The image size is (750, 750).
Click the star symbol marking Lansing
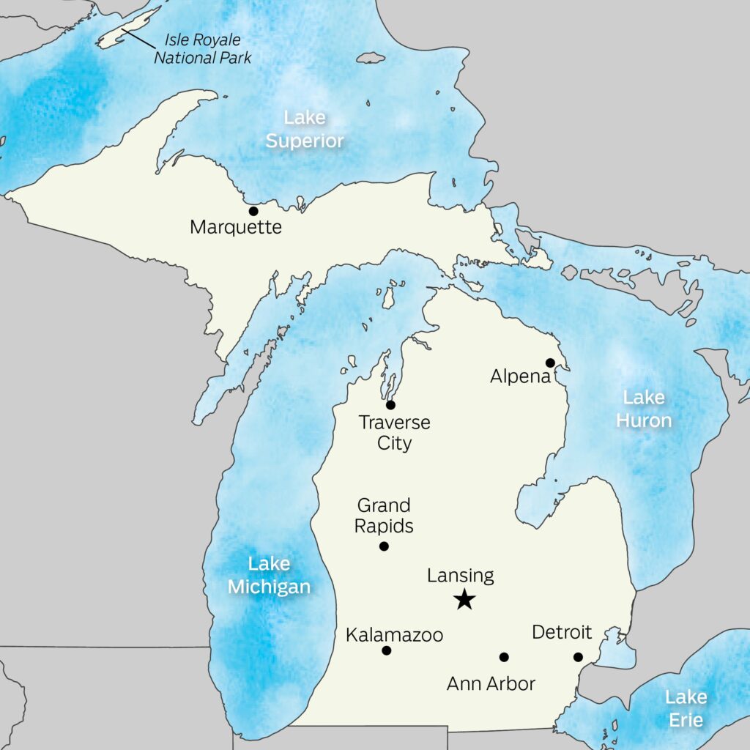[464, 600]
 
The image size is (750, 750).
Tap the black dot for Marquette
[253, 211]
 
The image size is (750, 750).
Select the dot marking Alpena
[550, 363]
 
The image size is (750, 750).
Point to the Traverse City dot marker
[390, 405]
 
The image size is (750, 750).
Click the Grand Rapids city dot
[384, 546]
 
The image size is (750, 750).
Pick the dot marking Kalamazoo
[387, 650]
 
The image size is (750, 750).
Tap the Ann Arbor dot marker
[504, 657]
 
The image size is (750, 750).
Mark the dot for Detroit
[578, 657]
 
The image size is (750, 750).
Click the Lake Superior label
[304, 129]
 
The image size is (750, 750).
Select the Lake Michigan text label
[269, 575]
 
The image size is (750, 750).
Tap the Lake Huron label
[644, 409]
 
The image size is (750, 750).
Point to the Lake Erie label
[686, 708]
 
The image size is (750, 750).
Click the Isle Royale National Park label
[202, 49]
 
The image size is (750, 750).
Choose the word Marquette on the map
[235, 228]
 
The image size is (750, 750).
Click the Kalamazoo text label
[394, 634]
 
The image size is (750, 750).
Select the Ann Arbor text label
[491, 684]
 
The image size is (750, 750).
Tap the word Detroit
[562, 631]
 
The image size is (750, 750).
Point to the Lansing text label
[460, 576]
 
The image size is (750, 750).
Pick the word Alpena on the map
[521, 376]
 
